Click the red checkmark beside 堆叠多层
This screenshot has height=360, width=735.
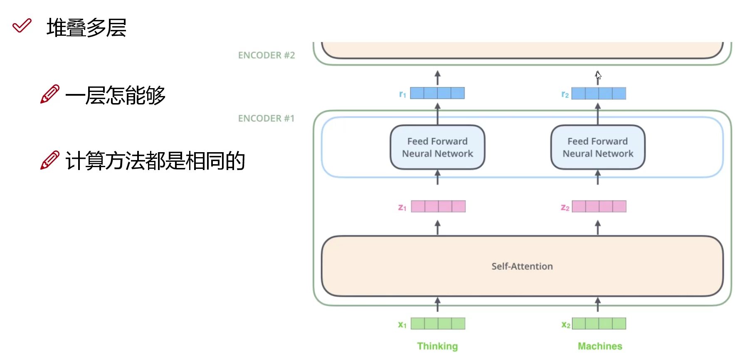click(22, 26)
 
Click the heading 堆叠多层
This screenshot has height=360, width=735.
click(86, 28)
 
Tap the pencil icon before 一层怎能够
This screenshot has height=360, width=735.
click(49, 94)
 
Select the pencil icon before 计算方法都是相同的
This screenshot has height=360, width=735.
click(49, 160)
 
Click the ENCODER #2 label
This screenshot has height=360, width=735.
click(266, 55)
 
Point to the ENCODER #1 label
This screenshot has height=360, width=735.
click(266, 118)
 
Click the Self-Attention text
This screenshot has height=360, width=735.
click(522, 266)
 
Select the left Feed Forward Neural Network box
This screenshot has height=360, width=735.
click(437, 148)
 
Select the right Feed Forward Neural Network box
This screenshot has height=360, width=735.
click(598, 148)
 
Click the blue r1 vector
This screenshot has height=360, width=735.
click(437, 93)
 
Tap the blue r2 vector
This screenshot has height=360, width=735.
click(598, 94)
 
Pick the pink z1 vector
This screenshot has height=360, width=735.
click(438, 207)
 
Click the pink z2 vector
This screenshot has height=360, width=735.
click(599, 207)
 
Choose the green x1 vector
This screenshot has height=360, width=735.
click(438, 323)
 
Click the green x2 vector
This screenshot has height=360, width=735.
click(599, 323)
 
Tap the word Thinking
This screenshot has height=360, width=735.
click(437, 346)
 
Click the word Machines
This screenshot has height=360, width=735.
click(600, 346)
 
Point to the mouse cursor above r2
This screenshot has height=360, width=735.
click(598, 75)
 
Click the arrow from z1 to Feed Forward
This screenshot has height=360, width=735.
click(437, 178)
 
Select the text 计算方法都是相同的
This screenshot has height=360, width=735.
click(155, 161)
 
